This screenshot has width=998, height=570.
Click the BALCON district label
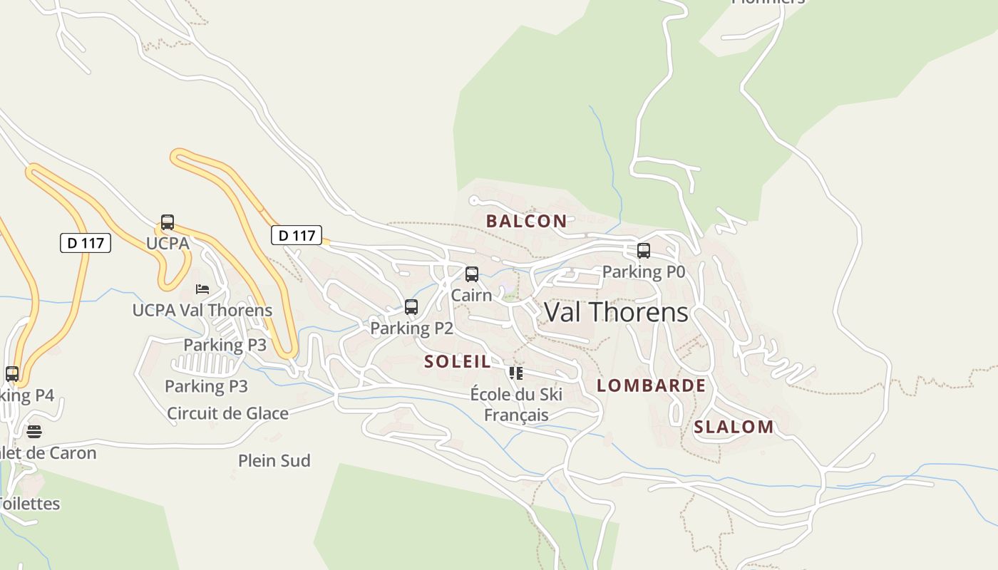click(x=526, y=221)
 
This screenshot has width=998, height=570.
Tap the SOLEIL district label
click(x=458, y=361)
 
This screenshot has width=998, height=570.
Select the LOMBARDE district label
click(x=651, y=385)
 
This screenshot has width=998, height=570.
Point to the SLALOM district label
click(x=734, y=427)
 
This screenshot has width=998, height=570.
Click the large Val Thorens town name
click(x=617, y=312)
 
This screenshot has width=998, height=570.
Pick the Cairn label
click(x=471, y=294)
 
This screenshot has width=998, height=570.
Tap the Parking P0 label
click(x=643, y=271)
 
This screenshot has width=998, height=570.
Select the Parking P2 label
click(x=411, y=328)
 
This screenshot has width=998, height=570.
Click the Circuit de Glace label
click(x=227, y=413)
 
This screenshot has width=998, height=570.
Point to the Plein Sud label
click(x=274, y=460)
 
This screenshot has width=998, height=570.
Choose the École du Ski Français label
click(x=516, y=404)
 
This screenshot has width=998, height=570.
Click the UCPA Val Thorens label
click(x=202, y=310)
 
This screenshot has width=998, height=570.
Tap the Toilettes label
click(x=29, y=503)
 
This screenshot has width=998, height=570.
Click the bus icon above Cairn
click(x=471, y=274)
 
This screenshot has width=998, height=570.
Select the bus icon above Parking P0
click(x=643, y=251)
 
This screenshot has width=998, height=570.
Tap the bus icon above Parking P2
click(x=411, y=307)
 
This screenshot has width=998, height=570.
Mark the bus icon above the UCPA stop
click(x=168, y=222)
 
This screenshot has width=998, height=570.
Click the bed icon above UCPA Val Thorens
click(x=202, y=289)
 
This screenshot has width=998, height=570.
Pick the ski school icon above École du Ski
click(x=516, y=373)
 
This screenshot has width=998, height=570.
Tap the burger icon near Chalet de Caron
click(x=34, y=431)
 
